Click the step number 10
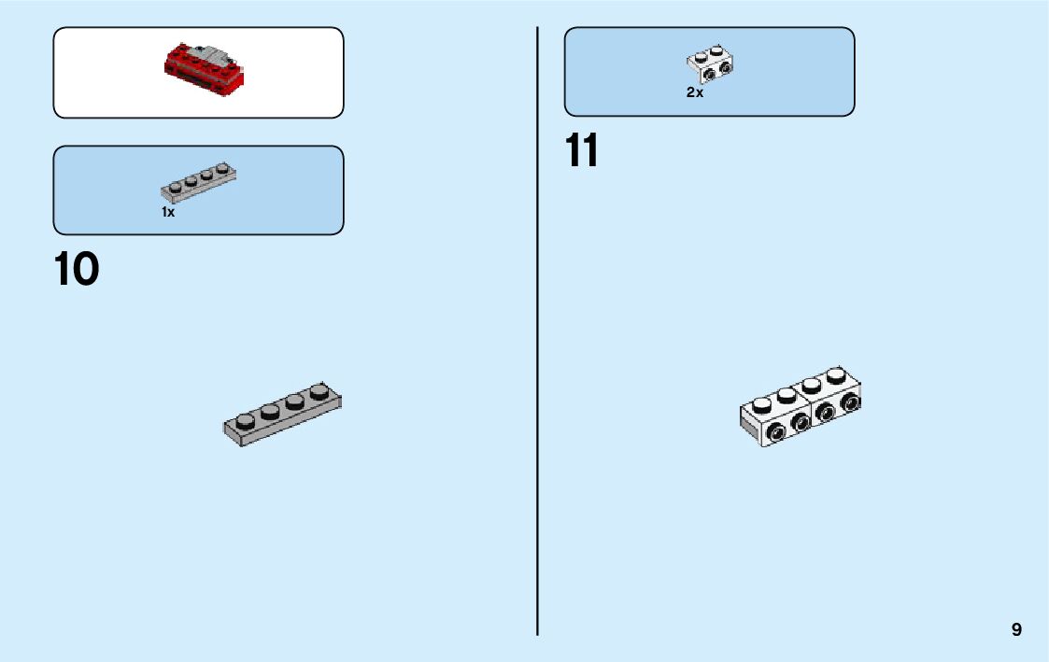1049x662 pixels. click(77, 270)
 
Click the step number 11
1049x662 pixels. click(581, 151)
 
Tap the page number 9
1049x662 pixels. click(1016, 629)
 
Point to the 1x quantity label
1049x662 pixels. click(168, 213)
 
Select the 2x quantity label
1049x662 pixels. click(694, 93)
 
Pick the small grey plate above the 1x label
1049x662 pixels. click(198, 182)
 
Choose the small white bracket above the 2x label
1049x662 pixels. click(711, 63)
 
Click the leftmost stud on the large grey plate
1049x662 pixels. click(246, 418)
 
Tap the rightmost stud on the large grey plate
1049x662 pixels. click(320, 392)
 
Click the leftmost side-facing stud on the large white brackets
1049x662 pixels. click(775, 431)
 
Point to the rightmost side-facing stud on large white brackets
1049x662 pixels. click(850, 402)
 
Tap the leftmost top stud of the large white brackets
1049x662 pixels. click(763, 404)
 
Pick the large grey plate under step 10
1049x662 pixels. click(282, 414)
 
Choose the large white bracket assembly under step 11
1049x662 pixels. click(801, 410)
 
